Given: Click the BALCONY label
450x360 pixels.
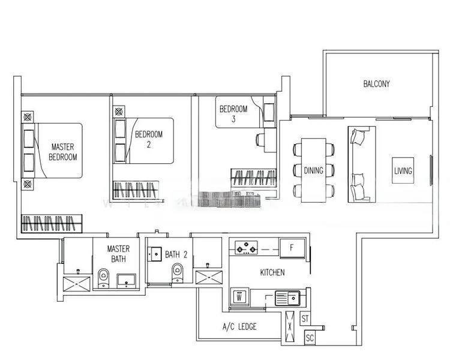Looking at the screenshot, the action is [x=377, y=84].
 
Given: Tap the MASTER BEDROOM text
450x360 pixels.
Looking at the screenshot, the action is [x=63, y=152].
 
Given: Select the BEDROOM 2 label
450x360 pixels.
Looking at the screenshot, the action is [x=149, y=139].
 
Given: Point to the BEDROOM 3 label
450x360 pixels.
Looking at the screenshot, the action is [x=233, y=113].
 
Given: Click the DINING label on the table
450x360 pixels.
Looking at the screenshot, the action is [x=313, y=170].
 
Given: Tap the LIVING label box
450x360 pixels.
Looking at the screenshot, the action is [x=403, y=170].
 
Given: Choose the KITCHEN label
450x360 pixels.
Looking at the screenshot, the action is [x=272, y=272].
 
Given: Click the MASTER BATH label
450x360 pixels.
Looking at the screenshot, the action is [x=118, y=254].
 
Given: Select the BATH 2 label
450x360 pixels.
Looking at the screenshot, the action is [x=176, y=254].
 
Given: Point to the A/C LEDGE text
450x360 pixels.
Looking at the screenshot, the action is [x=239, y=326].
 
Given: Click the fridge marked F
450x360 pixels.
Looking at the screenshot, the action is [x=292, y=248].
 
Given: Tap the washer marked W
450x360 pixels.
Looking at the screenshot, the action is [x=239, y=297].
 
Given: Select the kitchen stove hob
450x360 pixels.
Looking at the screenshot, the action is [x=246, y=248].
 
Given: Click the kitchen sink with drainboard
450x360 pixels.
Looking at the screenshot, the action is [x=287, y=298].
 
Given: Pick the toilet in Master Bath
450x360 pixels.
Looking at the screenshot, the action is [x=104, y=278].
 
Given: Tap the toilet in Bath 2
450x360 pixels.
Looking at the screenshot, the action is [x=178, y=273].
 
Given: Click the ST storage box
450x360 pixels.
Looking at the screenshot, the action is [x=305, y=319].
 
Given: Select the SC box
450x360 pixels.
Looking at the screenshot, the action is [x=310, y=338].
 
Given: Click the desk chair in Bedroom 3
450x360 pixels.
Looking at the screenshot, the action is [x=260, y=140].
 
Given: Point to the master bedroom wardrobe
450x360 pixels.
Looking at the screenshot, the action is [x=52, y=223].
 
